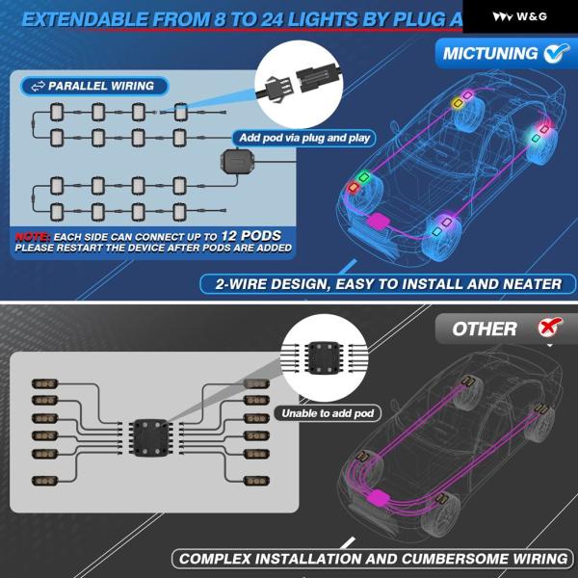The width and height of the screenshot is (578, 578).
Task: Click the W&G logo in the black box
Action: tap(519, 16)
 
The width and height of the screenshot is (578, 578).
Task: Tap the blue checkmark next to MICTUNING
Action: tap(556, 53)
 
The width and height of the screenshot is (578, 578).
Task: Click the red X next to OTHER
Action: tap(550, 327)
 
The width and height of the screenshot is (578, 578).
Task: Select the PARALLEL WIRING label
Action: tap(94, 87)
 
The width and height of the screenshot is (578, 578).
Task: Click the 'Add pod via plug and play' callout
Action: tap(304, 138)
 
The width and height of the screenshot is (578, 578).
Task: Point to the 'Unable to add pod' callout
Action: tap(328, 413)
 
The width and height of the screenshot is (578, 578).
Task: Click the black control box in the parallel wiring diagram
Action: tap(237, 161)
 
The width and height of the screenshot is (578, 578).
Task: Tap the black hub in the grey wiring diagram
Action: tap(150, 437)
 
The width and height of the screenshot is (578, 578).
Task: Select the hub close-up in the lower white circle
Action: tap(324, 357)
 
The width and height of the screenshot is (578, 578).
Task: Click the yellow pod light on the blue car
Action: tap(458, 103)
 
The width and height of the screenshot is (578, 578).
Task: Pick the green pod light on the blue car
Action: tap(364, 177)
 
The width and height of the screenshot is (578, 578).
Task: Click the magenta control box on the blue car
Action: tap(379, 221)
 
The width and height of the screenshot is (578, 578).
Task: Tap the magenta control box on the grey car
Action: tap(379, 498)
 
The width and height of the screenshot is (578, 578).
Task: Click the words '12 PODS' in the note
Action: tap(251, 236)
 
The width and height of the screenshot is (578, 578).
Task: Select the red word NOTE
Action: tap(33, 236)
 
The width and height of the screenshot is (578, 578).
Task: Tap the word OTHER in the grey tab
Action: tap(485, 328)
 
